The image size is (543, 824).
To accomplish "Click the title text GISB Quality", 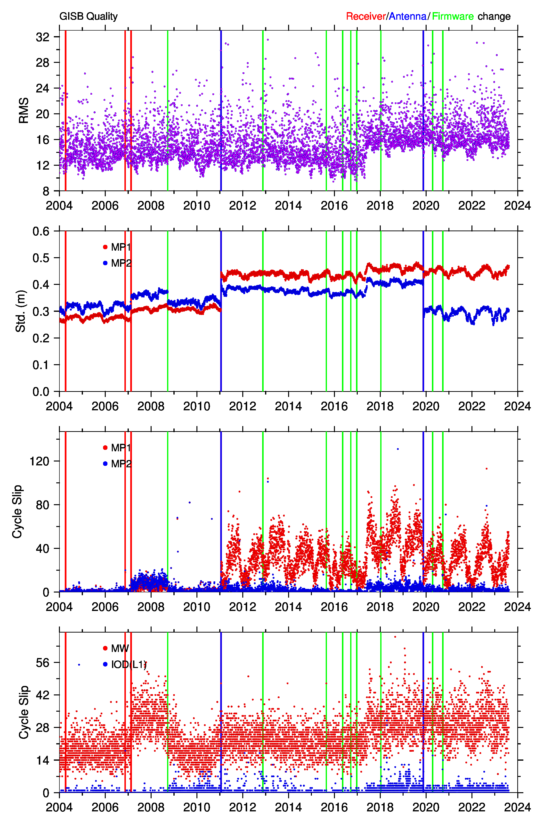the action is click(89, 16).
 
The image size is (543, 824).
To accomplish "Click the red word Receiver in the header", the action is click(366, 16).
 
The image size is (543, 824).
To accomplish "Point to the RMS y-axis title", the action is click(24, 110).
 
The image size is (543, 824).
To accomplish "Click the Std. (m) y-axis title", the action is click(21, 311).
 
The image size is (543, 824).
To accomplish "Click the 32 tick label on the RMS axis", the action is click(43, 37).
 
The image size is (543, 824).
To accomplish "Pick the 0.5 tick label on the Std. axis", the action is click(41, 258).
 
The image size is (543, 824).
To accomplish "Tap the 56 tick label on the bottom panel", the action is click(43, 663).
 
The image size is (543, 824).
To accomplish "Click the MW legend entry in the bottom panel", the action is click(120, 648).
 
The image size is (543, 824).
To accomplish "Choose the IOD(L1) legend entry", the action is click(129, 664).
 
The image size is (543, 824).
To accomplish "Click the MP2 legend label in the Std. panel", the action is click(121, 263).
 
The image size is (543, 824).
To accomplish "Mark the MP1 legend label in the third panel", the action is click(121, 448).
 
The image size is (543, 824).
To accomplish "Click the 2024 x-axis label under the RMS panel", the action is click(517, 206).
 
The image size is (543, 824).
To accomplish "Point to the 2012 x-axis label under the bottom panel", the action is click(243, 807).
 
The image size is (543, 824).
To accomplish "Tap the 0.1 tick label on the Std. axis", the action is click(41, 365).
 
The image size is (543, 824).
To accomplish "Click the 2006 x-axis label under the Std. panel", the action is click(105, 406).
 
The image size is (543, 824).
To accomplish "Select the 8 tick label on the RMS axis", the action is click(46, 191).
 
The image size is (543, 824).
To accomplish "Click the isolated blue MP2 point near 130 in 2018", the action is click(397, 449).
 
